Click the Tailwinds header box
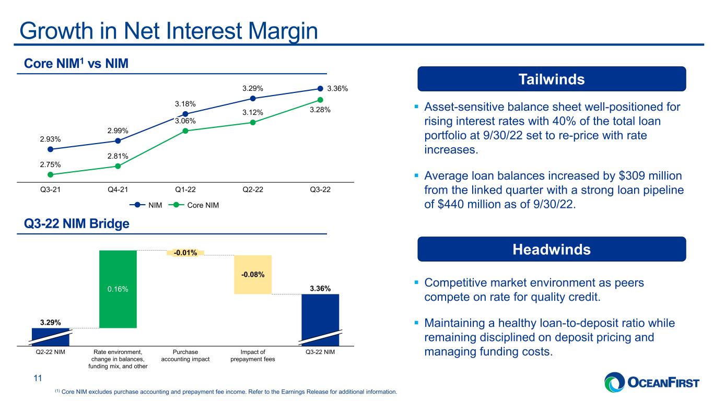(x=552, y=79)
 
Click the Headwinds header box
(x=552, y=249)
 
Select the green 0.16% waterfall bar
(x=118, y=289)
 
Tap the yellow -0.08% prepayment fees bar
(x=253, y=274)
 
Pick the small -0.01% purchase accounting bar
(x=185, y=253)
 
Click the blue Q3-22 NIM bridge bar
(x=320, y=320)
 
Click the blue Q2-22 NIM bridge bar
(x=50, y=337)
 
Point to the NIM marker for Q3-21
(x=50, y=149)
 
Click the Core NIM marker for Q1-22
(x=185, y=131)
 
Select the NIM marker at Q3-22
(x=320, y=88)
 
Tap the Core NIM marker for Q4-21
(x=118, y=166)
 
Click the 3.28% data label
(x=320, y=110)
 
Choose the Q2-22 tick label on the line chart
(x=253, y=190)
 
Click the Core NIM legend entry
(x=194, y=205)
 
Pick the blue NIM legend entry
(x=146, y=205)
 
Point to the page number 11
(x=38, y=378)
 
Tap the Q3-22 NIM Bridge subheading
(x=77, y=223)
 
